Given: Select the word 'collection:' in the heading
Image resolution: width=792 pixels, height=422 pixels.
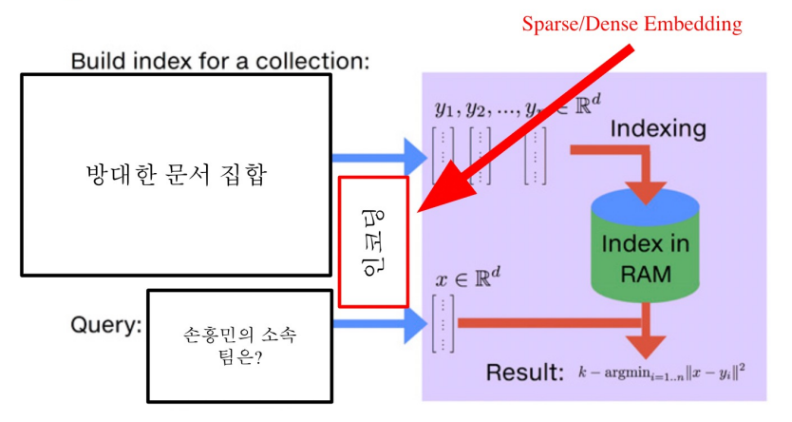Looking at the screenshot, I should (x=320, y=63).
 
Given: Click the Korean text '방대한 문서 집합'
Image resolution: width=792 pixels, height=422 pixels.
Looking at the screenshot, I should (x=177, y=176).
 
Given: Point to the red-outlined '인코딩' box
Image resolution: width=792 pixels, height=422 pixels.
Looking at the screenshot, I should (x=373, y=241).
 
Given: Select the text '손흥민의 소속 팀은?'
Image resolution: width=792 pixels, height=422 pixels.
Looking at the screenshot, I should (x=239, y=345).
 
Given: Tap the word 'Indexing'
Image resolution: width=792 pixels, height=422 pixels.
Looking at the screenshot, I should (x=658, y=126).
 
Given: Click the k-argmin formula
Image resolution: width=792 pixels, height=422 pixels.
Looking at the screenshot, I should (x=661, y=372).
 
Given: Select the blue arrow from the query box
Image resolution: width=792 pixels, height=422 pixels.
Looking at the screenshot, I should (x=380, y=324).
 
